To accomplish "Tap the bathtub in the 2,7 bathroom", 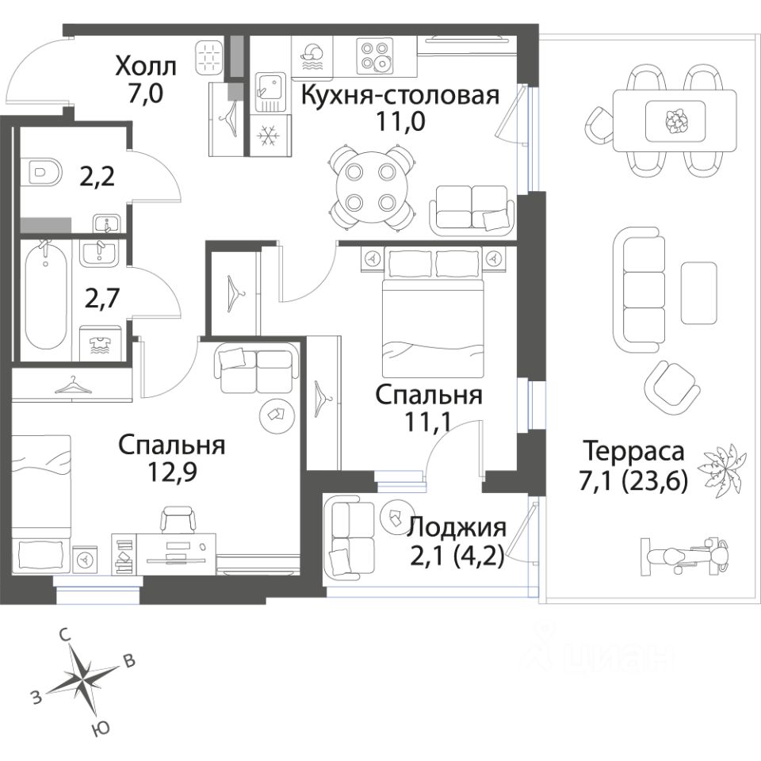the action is coord(46,300).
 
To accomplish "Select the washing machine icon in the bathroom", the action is coord(100,343).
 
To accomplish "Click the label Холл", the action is coord(146,66).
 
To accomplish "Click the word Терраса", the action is coord(633,452).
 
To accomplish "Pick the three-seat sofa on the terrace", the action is coord(639,290).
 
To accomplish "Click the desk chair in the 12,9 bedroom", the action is coord(178,519).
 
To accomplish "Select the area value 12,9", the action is coord(173,472).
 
